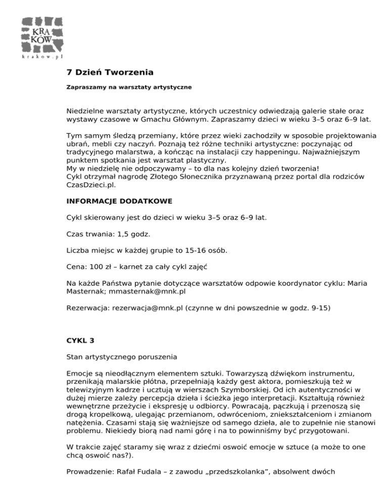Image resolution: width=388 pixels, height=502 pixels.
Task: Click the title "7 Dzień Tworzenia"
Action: (110, 73)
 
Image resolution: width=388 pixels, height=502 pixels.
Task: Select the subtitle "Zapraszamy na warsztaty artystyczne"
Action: (129, 87)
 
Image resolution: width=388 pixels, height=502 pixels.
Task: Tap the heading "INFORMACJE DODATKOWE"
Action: (119, 201)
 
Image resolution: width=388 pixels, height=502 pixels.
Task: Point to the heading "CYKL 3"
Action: (80, 340)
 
